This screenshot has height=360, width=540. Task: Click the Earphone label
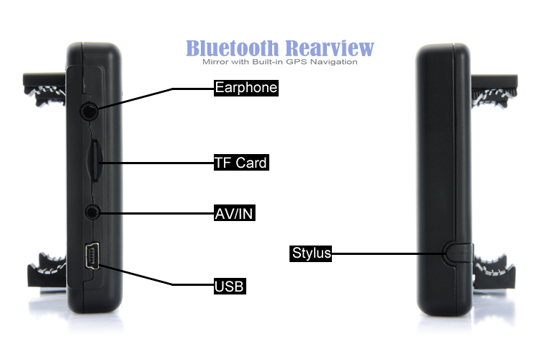pyautogui.click(x=246, y=89)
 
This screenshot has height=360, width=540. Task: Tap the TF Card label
pyautogui.click(x=240, y=163)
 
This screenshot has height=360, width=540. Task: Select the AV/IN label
pyautogui.click(x=235, y=213)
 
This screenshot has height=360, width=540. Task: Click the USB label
pyautogui.click(x=230, y=287)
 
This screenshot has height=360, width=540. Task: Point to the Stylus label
pyautogui.click(x=311, y=253)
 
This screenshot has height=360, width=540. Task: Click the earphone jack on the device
pyautogui.click(x=90, y=112)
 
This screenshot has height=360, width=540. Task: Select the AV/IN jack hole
pyautogui.click(x=92, y=212)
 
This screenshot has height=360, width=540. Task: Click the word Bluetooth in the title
pyautogui.click(x=233, y=48)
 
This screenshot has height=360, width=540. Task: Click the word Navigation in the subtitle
pyautogui.click(x=333, y=62)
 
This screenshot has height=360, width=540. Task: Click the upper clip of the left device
pyautogui.click(x=44, y=87)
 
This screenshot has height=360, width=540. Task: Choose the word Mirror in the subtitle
pyautogui.click(x=217, y=62)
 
